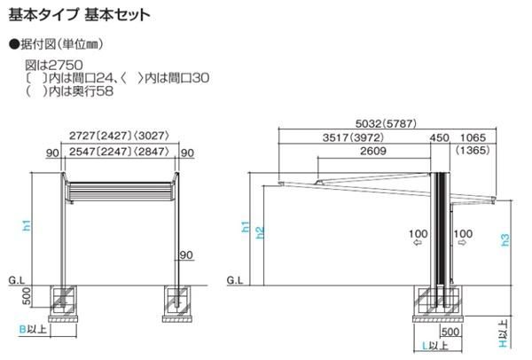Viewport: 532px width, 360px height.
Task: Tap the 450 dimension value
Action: click(x=440, y=137)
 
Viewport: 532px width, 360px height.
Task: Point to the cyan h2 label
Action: click(x=259, y=233)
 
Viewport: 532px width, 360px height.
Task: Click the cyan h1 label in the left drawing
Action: click(x=26, y=227)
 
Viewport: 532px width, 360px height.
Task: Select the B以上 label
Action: click(x=32, y=330)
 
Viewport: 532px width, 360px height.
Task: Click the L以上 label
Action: click(x=434, y=343)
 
